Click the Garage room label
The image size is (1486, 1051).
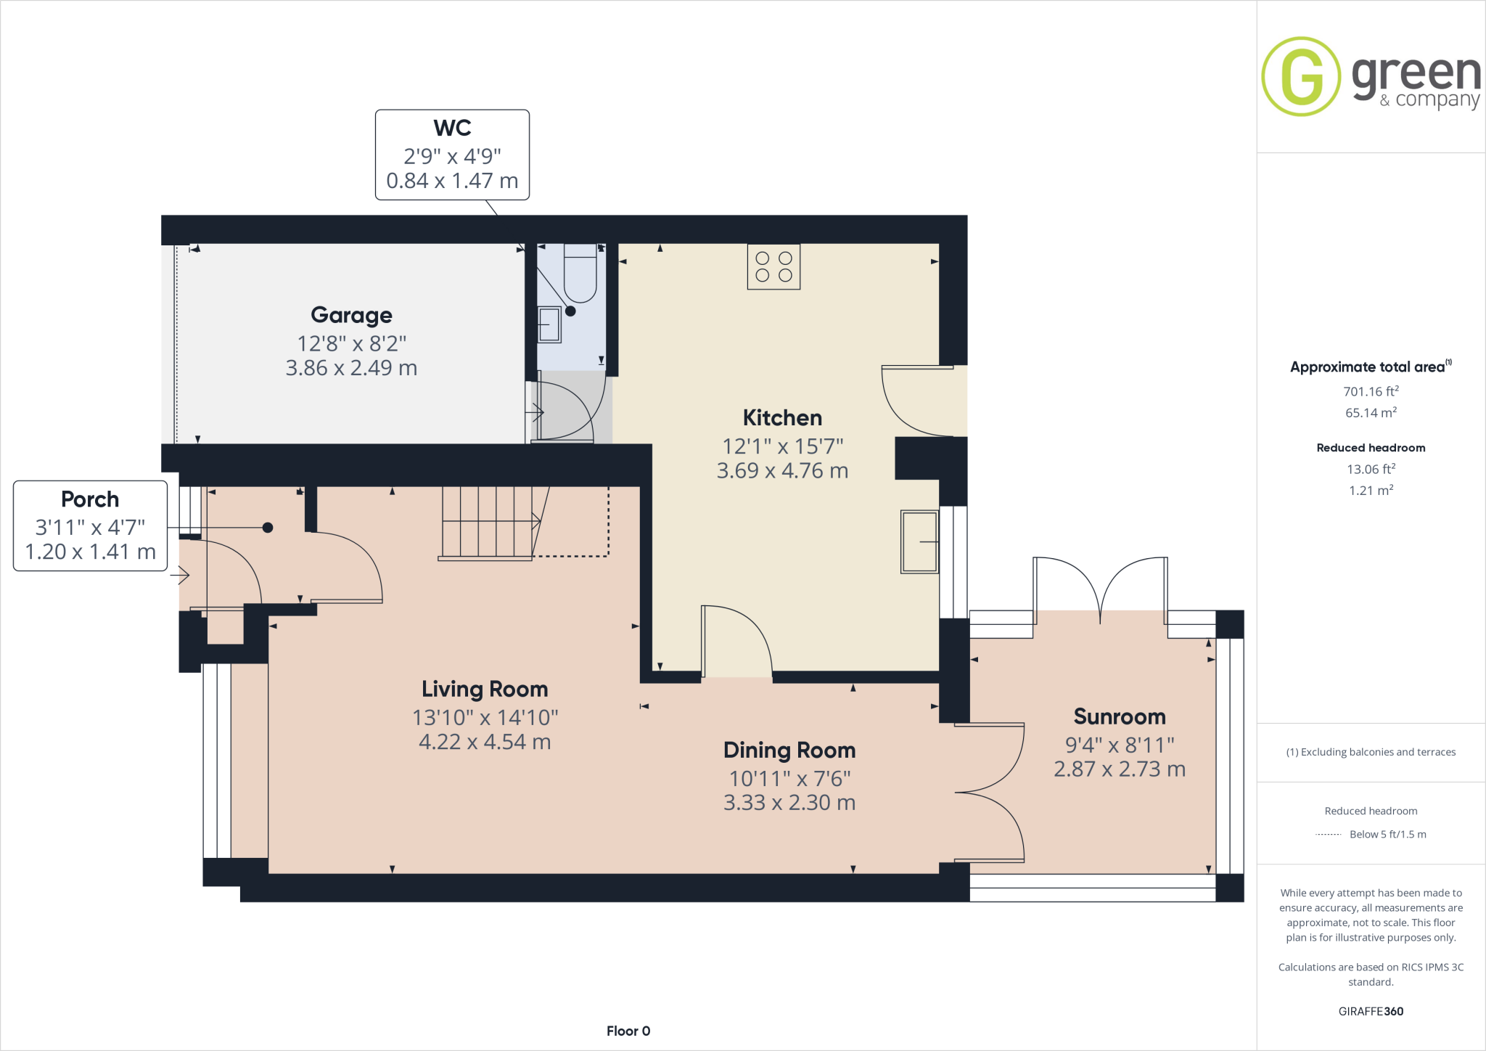tap(351, 315)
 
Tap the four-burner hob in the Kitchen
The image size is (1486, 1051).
tap(773, 267)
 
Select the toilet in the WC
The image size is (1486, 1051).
tap(580, 274)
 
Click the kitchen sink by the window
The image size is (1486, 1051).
tap(919, 542)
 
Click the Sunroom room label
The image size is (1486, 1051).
tap(1119, 717)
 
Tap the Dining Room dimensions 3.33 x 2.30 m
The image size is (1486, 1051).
tap(789, 803)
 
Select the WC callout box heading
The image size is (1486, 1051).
tap(452, 128)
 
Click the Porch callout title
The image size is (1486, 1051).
tap(90, 499)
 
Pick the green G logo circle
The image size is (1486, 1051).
tap(1301, 77)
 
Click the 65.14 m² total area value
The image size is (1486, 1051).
tap(1370, 413)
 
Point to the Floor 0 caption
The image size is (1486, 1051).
tap(628, 1031)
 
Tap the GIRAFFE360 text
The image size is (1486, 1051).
tap(1370, 1011)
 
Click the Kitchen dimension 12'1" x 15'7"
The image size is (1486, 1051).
tap(782, 446)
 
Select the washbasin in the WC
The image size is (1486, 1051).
tap(549, 324)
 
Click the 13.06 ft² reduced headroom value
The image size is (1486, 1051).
tap(1370, 470)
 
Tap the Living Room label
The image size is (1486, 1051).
tap(485, 689)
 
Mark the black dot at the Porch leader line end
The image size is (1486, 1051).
tap(268, 528)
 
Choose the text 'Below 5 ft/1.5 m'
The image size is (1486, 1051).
tap(1387, 835)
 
